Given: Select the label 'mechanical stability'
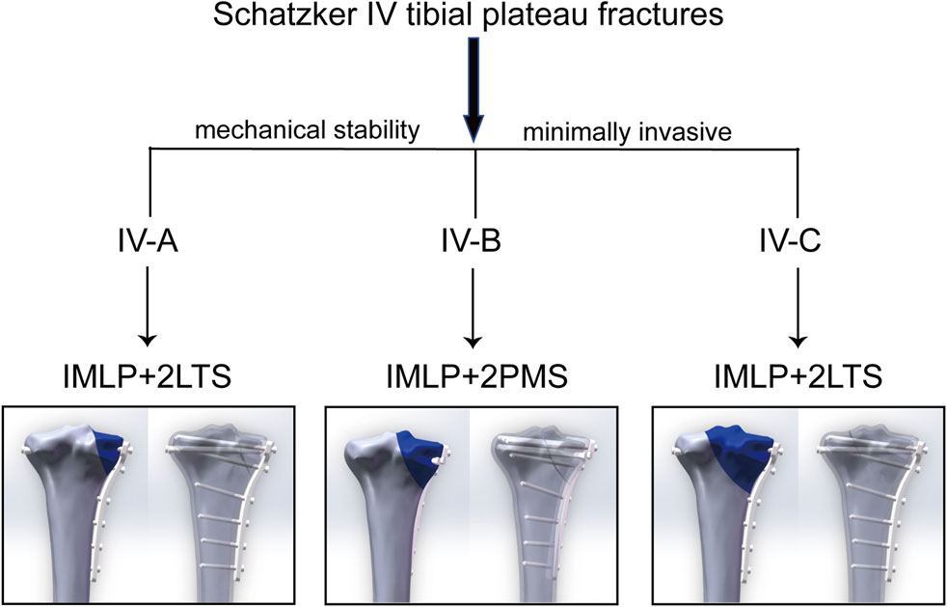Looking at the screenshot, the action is point(308,131).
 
